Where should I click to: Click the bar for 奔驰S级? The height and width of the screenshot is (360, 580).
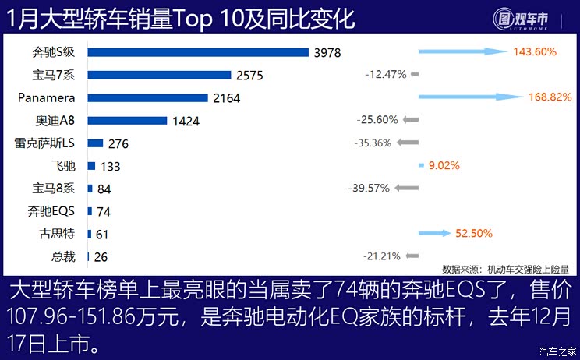tap(198, 52)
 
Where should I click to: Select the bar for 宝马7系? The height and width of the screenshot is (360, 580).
tap(159, 75)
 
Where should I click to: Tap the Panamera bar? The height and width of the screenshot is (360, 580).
tap(147, 98)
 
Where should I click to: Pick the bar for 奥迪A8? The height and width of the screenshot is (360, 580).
tap(127, 121)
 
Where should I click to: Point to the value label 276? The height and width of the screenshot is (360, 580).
tap(118, 143)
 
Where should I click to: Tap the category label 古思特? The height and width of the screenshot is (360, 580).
tap(58, 234)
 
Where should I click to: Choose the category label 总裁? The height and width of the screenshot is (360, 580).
tap(64, 256)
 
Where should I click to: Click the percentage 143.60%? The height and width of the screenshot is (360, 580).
tap(534, 52)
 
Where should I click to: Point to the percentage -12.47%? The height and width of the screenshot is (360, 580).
tap(386, 75)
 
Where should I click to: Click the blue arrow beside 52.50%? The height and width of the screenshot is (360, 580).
tap(434, 233)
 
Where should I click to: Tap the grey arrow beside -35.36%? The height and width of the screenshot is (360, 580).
tap(407, 143)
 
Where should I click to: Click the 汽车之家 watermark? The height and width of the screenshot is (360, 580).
tap(558, 350)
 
